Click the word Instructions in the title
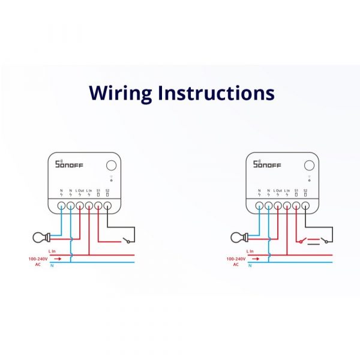tap(217, 94)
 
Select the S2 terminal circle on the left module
tap(107, 205)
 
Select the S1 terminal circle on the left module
tap(98, 205)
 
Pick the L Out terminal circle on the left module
tap(80, 205)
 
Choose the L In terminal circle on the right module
tap(287, 205)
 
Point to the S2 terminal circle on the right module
tap(305, 205)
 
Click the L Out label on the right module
tap(278, 190)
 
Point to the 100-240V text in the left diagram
tap(37, 259)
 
